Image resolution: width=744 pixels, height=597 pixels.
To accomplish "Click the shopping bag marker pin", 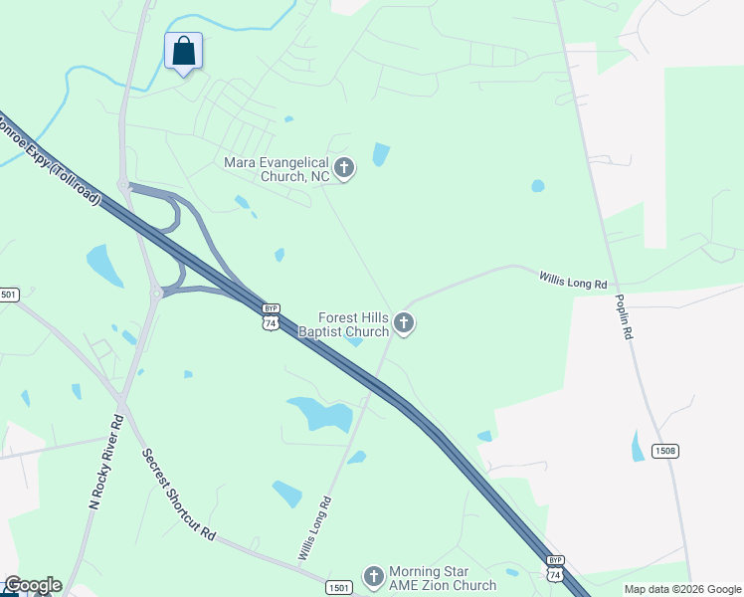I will [x=184, y=51].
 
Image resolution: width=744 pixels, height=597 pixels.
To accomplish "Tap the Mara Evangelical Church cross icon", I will [x=344, y=167].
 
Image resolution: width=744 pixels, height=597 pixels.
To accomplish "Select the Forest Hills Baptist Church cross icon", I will [x=403, y=322].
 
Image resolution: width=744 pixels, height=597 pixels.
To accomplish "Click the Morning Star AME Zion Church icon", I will [x=373, y=576].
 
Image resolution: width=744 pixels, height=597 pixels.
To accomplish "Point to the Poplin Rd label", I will [x=624, y=317].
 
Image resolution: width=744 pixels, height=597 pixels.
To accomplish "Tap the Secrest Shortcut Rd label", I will [x=178, y=494].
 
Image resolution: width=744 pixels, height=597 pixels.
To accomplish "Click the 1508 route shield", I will [x=665, y=451].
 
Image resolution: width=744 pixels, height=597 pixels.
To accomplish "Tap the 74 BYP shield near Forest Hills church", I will [x=270, y=316].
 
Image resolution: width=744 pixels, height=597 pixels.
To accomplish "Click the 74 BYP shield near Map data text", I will [x=555, y=568].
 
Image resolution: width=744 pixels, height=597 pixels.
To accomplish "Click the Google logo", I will [x=32, y=585].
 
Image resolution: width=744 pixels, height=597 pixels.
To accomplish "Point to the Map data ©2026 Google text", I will [x=682, y=589].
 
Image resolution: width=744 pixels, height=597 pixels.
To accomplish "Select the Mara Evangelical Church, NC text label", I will [x=276, y=169].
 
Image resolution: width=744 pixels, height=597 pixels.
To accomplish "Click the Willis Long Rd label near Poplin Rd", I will [x=573, y=282].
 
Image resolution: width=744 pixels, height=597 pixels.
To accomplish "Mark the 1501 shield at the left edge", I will [x=8, y=295].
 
